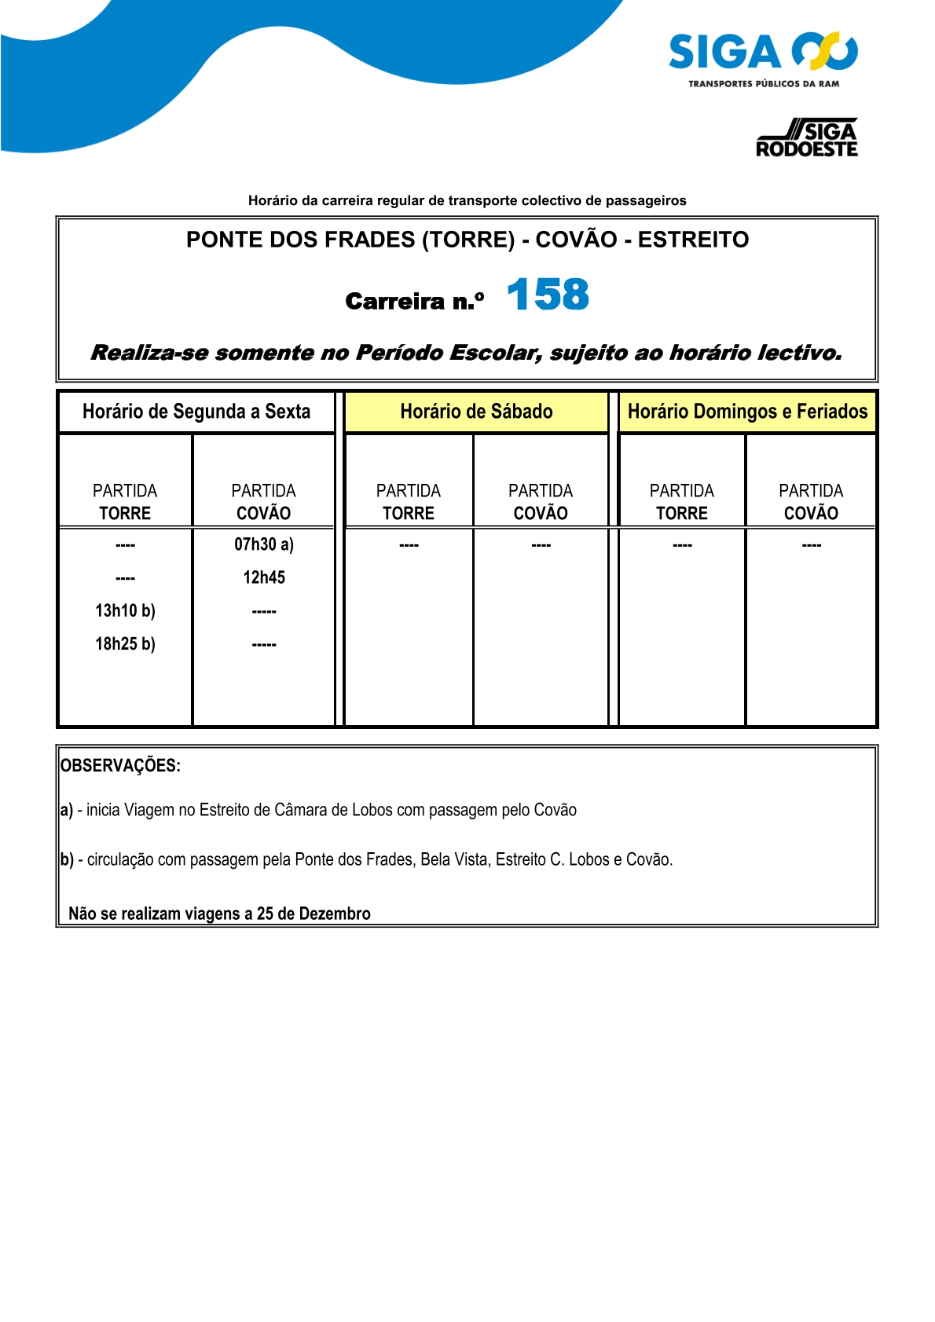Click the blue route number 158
click(x=548, y=295)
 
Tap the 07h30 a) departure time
click(x=264, y=544)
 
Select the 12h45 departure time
click(x=264, y=577)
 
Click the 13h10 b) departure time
click(x=125, y=610)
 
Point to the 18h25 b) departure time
click(x=125, y=644)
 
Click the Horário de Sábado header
click(x=476, y=412)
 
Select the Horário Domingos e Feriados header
click(x=747, y=412)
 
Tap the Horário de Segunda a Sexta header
click(x=196, y=412)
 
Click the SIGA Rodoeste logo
click(x=807, y=138)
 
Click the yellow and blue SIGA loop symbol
click(x=824, y=51)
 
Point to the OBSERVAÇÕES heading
click(x=120, y=766)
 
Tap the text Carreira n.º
click(x=414, y=301)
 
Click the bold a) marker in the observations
click(x=66, y=810)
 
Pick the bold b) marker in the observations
click(x=67, y=859)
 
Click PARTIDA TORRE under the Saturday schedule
click(x=409, y=502)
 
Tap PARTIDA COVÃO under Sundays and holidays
click(x=811, y=502)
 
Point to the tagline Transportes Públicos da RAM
click(x=763, y=84)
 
